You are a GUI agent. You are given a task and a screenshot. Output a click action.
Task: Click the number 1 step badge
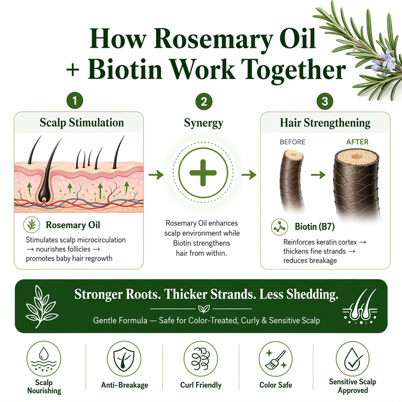click(x=75, y=100)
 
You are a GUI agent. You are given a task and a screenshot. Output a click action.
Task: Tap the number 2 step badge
click(x=204, y=101)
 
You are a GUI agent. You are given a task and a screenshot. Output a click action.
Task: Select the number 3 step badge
click(x=325, y=101)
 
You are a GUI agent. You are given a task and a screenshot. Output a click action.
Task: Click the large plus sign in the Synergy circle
click(x=203, y=173)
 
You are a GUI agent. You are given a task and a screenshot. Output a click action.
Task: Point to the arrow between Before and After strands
click(x=318, y=175)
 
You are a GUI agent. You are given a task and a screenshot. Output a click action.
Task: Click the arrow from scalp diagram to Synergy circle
click(x=156, y=175)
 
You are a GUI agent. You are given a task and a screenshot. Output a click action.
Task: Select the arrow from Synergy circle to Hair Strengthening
click(x=249, y=175)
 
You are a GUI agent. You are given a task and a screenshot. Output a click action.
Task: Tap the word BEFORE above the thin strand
click(x=293, y=142)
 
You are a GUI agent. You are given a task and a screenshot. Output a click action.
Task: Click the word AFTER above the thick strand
click(x=357, y=142)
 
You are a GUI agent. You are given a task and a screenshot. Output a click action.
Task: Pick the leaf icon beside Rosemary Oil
click(x=31, y=225)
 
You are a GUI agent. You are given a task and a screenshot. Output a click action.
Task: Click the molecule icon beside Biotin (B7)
click(x=279, y=227)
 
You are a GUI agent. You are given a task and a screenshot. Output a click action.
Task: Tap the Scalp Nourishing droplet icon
click(x=44, y=359)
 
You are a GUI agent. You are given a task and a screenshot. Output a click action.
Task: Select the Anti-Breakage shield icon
click(x=124, y=359)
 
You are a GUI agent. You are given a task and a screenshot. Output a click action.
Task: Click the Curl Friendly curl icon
click(x=201, y=359)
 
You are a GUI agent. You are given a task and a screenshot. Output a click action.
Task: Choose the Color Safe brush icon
click(x=276, y=359)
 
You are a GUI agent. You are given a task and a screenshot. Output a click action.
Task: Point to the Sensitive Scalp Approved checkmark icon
click(x=353, y=359)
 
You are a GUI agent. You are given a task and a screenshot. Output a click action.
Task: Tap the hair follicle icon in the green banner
click(x=360, y=307)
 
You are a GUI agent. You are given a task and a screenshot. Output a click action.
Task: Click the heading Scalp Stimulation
click(x=82, y=123)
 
